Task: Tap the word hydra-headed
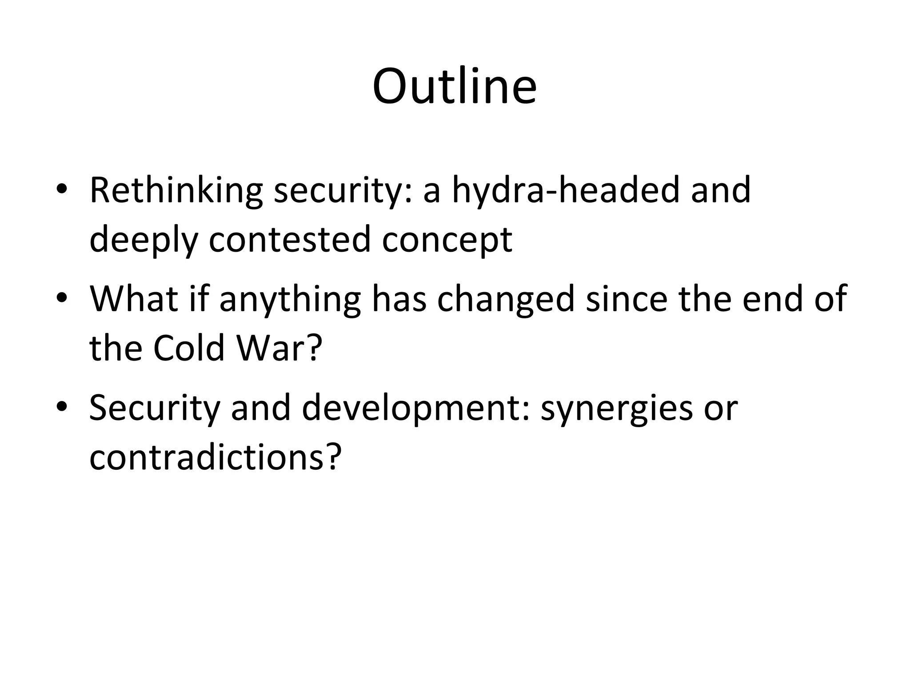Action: pos(566,190)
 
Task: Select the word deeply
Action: pos(144,240)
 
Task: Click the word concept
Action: pos(447,240)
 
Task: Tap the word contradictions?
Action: pos(216,457)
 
